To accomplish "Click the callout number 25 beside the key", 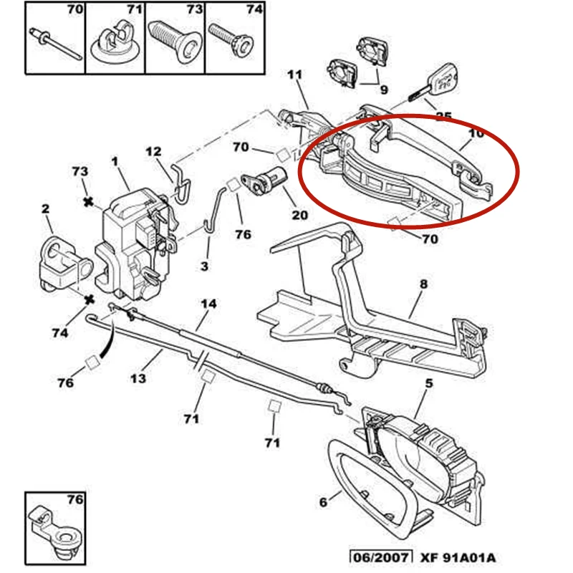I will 443,117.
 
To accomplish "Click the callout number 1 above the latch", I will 115,162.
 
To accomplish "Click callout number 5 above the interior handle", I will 429,383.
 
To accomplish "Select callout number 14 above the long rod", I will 208,303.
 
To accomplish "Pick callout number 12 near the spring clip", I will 154,152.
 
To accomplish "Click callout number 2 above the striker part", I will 45,209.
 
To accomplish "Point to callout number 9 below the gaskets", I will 384,90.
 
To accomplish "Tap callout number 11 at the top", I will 295,74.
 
